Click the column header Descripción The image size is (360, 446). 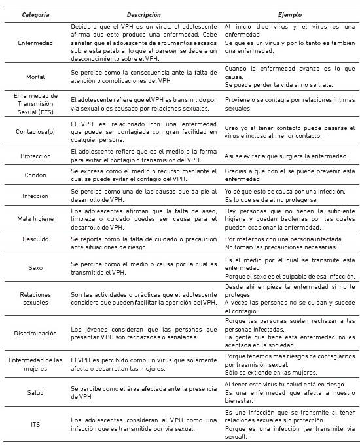point(145,13)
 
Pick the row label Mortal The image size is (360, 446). point(35,76)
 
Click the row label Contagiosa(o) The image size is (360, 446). point(35,129)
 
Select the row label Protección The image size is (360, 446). point(35,156)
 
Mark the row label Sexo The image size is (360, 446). point(35,267)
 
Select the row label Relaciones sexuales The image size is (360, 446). point(35,299)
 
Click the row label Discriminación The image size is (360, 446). point(35,333)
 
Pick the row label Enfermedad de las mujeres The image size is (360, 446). point(35,364)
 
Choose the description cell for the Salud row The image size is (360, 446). point(145,392)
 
